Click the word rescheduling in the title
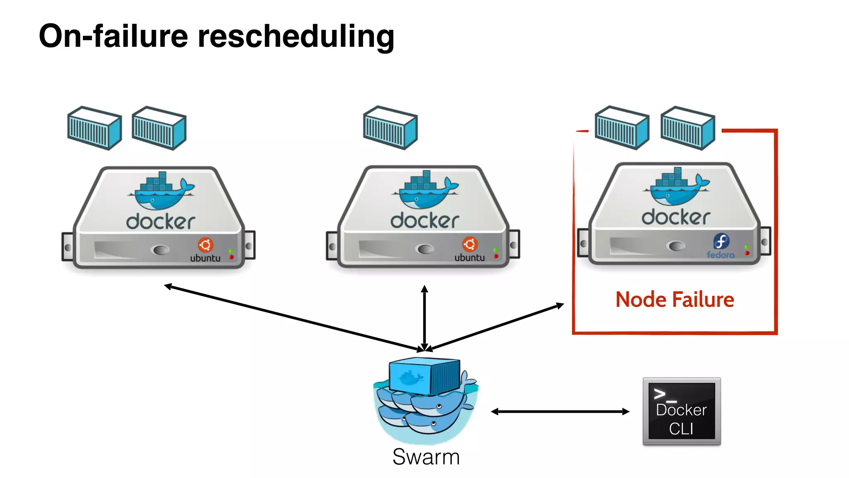296,37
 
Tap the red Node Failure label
674,300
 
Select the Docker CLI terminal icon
682,411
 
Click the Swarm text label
426,457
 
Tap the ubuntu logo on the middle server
470,249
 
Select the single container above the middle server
390,128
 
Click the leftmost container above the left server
95,128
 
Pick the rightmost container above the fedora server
687,128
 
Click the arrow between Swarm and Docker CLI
560,412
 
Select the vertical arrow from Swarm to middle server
424,317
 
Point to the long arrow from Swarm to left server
290,317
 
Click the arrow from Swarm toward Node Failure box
497,327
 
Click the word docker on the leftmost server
160,222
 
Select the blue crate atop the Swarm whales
424,375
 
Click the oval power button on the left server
161,250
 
